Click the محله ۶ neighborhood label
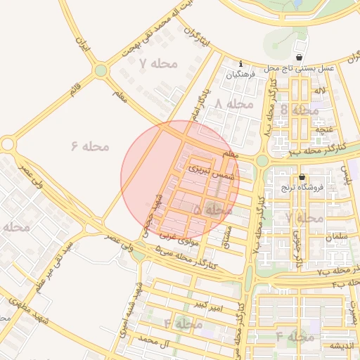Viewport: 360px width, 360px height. [90, 146]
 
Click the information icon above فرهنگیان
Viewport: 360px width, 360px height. [240, 63]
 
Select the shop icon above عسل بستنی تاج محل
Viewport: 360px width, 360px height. [300, 58]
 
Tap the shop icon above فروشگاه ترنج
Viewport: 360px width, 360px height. [302, 177]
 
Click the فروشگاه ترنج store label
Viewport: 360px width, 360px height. [320, 187]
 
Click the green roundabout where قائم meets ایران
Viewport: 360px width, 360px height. [101, 70]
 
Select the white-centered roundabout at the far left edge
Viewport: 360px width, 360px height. [8, 144]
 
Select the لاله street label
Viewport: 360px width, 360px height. [320, 91]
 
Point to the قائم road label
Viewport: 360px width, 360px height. [75, 91]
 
